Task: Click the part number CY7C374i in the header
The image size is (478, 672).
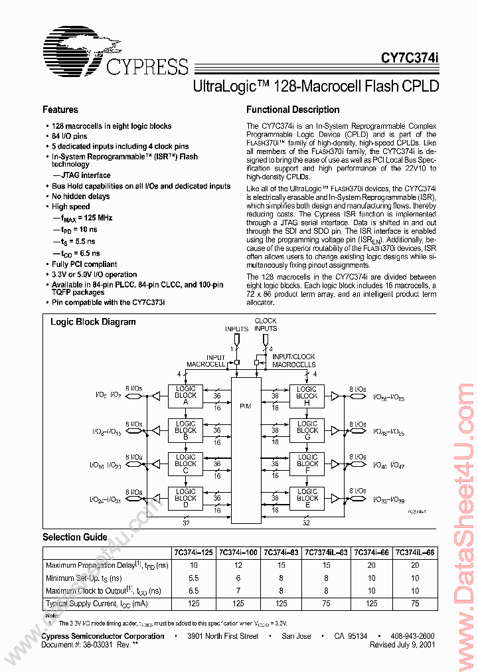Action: coord(410,58)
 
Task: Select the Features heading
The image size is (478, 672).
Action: coord(60,110)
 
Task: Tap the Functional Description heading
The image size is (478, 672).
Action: coord(293,110)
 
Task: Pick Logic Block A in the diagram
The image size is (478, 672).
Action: coord(185,396)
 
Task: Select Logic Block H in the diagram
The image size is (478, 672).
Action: coord(307,396)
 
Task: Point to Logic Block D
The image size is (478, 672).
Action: coord(185,498)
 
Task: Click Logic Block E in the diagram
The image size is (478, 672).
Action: coord(307,498)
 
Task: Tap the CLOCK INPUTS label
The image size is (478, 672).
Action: coord(266,325)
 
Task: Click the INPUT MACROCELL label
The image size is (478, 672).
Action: coord(205,361)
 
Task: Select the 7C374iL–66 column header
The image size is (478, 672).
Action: coord(415,552)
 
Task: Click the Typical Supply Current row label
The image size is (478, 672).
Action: coord(96,604)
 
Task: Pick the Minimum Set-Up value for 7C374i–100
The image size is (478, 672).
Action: coord(238,578)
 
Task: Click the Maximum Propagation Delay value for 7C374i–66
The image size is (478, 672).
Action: coord(372,564)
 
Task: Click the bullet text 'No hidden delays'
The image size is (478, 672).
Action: coord(80,197)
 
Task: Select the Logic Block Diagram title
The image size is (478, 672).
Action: coord(93,321)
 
